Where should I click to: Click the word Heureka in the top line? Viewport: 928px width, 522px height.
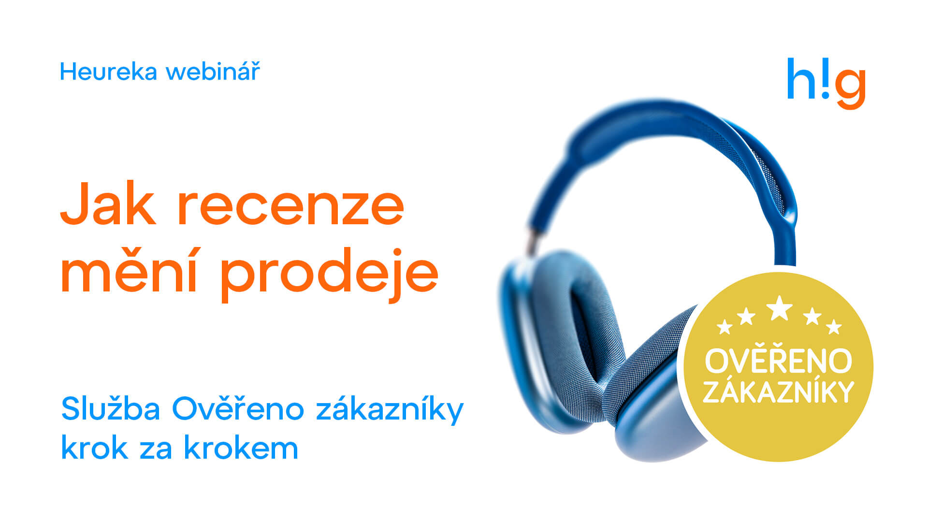(x=109, y=72)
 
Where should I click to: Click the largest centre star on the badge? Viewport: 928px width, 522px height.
(x=779, y=308)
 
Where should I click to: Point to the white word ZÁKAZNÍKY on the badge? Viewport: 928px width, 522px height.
(x=778, y=391)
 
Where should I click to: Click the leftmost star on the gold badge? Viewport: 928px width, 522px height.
(x=725, y=327)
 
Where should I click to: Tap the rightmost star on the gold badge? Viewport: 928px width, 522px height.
(x=834, y=327)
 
